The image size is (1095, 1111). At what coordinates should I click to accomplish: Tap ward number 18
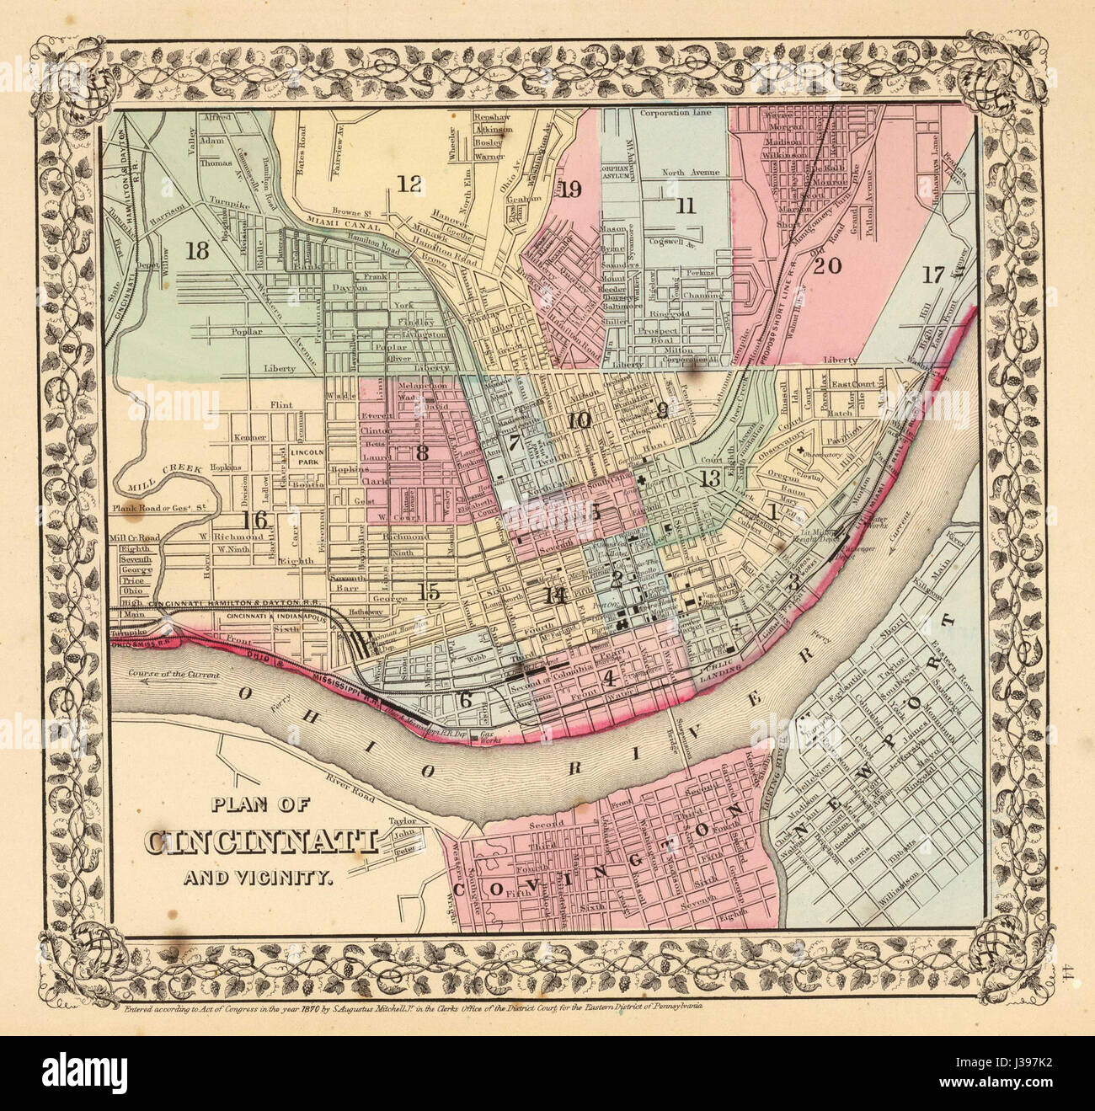[198, 250]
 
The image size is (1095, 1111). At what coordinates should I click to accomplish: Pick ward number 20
[827, 266]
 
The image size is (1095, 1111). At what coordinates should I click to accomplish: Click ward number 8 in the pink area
[421, 452]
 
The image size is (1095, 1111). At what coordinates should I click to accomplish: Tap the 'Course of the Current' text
[184, 676]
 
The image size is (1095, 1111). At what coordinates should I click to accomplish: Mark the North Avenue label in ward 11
[690, 173]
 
